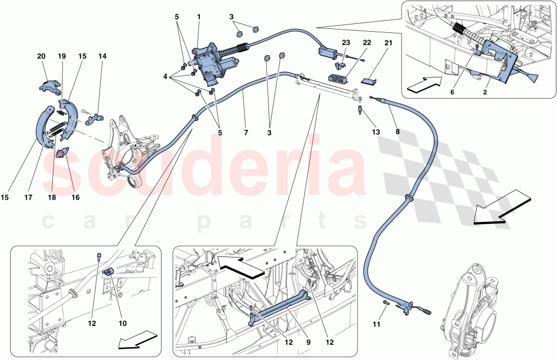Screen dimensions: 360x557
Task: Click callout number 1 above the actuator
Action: pyautogui.click(x=198, y=17)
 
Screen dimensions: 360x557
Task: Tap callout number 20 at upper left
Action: pyautogui.click(x=42, y=56)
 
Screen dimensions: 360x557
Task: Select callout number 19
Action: pyautogui.click(x=62, y=56)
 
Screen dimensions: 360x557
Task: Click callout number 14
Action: pyautogui.click(x=102, y=56)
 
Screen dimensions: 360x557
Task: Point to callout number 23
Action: pyautogui.click(x=345, y=43)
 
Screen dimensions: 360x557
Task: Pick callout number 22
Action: pyautogui.click(x=367, y=43)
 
